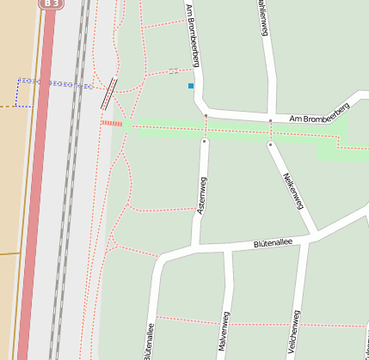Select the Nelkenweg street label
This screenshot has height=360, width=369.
293,189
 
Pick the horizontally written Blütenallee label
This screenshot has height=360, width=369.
274,244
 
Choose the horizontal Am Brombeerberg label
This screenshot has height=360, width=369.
319,113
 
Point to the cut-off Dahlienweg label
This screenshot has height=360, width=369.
261,17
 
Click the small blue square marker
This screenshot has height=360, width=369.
191,86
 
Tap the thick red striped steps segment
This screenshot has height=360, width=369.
112,124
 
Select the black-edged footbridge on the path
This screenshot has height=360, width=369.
109,93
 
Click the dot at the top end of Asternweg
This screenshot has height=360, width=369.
204,140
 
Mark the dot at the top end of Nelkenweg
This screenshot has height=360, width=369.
270,144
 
